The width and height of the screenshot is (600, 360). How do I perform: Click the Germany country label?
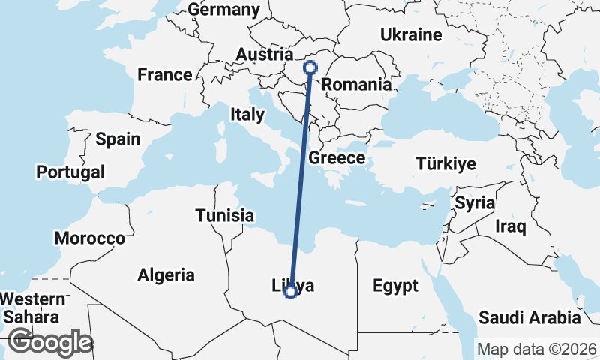coord(223,10)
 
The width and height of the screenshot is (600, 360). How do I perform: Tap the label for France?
coord(164,75)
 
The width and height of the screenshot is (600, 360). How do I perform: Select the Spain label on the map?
coord(118,139)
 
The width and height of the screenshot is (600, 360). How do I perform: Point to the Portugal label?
coord(70,172)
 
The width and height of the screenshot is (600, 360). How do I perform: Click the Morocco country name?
coord(89,238)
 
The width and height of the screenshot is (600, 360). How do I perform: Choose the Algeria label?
coord(166,274)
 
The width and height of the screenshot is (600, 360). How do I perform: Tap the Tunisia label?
coord(224,216)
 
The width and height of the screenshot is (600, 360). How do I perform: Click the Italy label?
coord(247,115)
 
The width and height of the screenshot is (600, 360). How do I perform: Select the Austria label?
coord(264,55)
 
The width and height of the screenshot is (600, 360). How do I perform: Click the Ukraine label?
coord(410,35)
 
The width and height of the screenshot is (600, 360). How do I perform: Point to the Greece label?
coord(337,158)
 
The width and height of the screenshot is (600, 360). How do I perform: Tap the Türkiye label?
coord(446,164)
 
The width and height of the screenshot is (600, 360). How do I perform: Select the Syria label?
coord(474,202)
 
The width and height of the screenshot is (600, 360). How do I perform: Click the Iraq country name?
coord(511,225)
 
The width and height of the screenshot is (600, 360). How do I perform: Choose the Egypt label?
coord(394,286)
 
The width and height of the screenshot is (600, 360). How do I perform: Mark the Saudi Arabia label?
coord(530,316)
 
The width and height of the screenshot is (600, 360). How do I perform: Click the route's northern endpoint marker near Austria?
coord(310,67)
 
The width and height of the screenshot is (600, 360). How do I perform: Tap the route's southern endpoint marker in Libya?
coord(290,292)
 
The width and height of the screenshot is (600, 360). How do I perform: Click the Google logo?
coord(49,342)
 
